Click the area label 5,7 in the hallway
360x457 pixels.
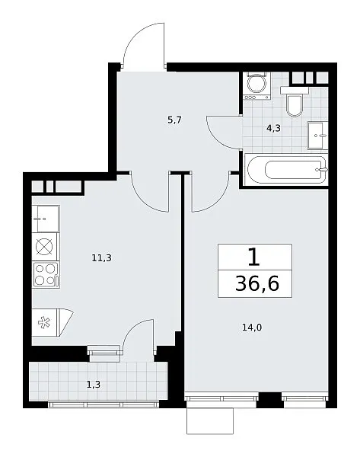click(x=175, y=120)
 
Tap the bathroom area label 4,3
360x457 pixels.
click(x=273, y=128)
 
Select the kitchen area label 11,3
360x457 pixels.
click(x=102, y=257)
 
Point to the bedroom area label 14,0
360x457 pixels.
click(x=252, y=328)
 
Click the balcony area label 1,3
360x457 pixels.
click(x=94, y=385)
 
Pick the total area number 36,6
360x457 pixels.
click(x=257, y=283)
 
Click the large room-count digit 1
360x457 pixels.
click(x=254, y=257)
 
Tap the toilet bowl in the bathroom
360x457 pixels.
click(x=295, y=102)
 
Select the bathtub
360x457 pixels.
click(x=286, y=170)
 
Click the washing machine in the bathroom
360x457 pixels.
click(x=256, y=86)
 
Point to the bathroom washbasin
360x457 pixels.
click(x=318, y=136)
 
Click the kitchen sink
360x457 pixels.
click(x=46, y=219)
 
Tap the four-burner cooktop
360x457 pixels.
click(x=46, y=275)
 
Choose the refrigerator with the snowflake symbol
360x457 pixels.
click(x=52, y=322)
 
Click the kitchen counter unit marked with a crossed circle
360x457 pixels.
click(x=46, y=247)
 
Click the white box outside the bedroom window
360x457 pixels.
click(x=210, y=421)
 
